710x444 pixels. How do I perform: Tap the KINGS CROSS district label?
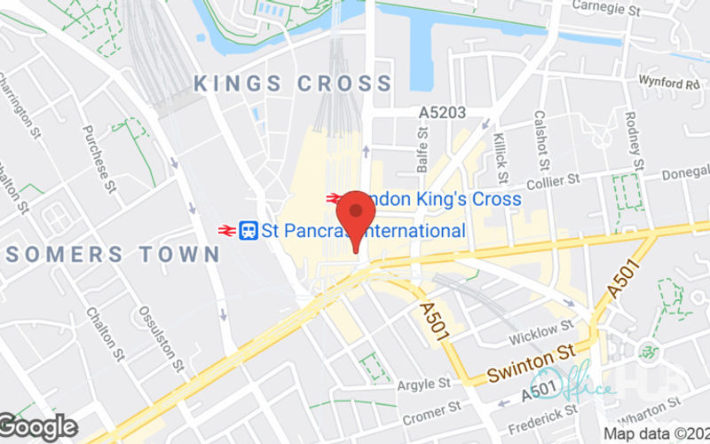click(293, 84)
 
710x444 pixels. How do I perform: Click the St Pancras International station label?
click(363, 231)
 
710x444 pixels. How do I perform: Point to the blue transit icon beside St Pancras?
click(249, 231)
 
